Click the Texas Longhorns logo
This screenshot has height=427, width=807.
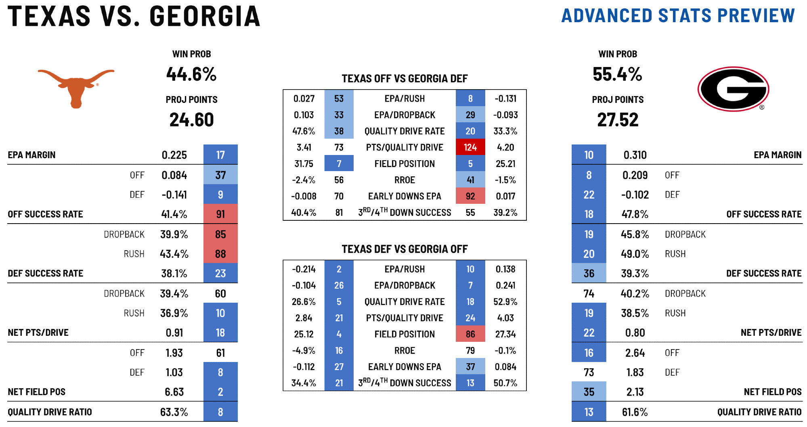click(76, 87)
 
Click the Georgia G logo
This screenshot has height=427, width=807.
click(733, 89)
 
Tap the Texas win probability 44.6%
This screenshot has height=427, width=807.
click(191, 74)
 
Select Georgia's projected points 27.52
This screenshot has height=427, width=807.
click(618, 120)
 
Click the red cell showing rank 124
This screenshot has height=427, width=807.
click(470, 147)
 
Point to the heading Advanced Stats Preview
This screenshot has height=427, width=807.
click(678, 16)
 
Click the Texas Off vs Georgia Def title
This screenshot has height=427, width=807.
click(405, 78)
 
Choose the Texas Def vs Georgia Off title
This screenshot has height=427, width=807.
click(405, 249)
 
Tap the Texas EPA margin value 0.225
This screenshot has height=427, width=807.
click(174, 155)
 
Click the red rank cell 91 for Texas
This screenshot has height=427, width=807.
click(220, 214)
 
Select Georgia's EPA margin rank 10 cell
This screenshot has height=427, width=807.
click(589, 155)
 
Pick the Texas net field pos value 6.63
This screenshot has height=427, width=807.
click(174, 392)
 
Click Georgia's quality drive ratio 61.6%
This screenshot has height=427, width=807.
click(635, 412)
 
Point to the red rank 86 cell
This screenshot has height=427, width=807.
click(470, 334)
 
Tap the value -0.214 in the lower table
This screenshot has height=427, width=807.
click(304, 269)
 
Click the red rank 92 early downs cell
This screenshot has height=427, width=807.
click(470, 196)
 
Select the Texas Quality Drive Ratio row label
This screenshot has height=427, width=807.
click(50, 412)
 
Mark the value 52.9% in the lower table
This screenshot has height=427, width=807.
click(505, 302)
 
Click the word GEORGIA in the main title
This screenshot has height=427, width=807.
click(205, 17)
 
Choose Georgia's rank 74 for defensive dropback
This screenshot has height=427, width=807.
click(589, 294)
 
